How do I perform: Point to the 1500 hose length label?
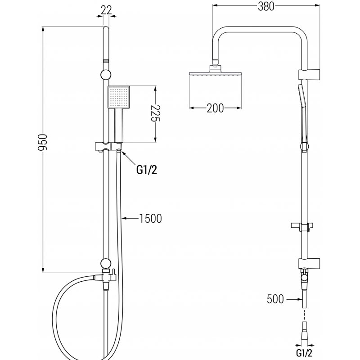click(x=150, y=219)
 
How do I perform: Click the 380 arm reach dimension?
click(x=266, y=6)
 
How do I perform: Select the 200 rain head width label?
click(x=215, y=108)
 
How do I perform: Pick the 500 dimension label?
click(x=275, y=298)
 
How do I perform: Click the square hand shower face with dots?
click(x=118, y=97)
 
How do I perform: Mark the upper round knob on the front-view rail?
click(x=106, y=75)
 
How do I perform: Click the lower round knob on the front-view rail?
click(x=106, y=263)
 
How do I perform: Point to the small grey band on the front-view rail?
click(x=106, y=59)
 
